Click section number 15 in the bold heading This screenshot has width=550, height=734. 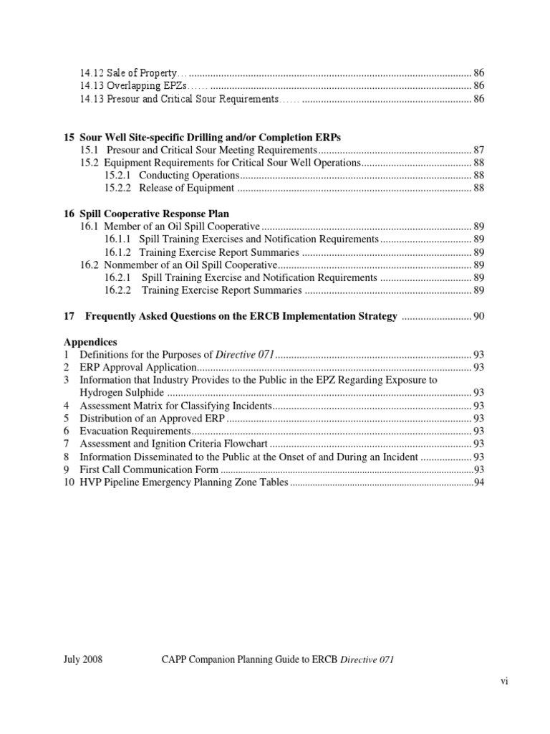(x=69, y=137)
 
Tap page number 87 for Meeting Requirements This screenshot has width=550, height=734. (x=479, y=150)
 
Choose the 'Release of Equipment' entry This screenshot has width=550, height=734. (x=186, y=188)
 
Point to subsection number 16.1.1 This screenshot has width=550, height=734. (x=117, y=239)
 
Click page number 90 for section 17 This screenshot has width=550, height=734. (x=479, y=316)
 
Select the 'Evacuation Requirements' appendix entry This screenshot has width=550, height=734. (x=135, y=432)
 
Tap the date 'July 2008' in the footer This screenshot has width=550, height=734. (x=83, y=660)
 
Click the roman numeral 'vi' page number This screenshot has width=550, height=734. (x=504, y=682)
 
